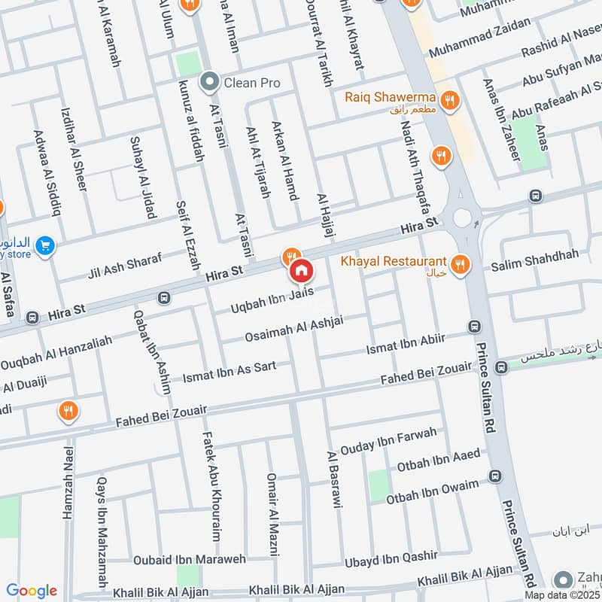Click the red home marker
coord(301,271)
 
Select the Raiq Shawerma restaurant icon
coord(450,100)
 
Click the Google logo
coord(31,591)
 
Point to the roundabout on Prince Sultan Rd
coord(462,217)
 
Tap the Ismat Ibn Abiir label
coord(406,345)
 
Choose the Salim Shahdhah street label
coord(535,260)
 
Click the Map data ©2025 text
coord(562,594)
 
